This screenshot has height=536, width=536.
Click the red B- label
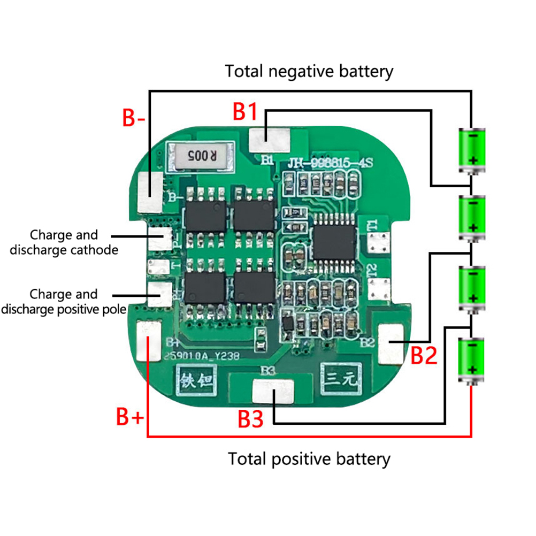(134, 117)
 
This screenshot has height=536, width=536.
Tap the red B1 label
(246, 112)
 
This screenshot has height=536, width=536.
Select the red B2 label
(424, 355)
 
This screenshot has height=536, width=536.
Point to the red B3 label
(251, 419)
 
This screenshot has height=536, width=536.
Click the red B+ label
(130, 417)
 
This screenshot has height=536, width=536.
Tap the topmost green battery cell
(472, 150)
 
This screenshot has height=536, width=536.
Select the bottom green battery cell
(471, 360)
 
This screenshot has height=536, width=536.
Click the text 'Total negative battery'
(309, 71)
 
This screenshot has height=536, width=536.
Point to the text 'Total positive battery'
(309, 458)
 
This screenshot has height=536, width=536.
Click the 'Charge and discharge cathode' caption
(64, 242)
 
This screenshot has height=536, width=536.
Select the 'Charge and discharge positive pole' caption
(64, 301)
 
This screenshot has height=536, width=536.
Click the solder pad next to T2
(381, 289)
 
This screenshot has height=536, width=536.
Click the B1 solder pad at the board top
(269, 140)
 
